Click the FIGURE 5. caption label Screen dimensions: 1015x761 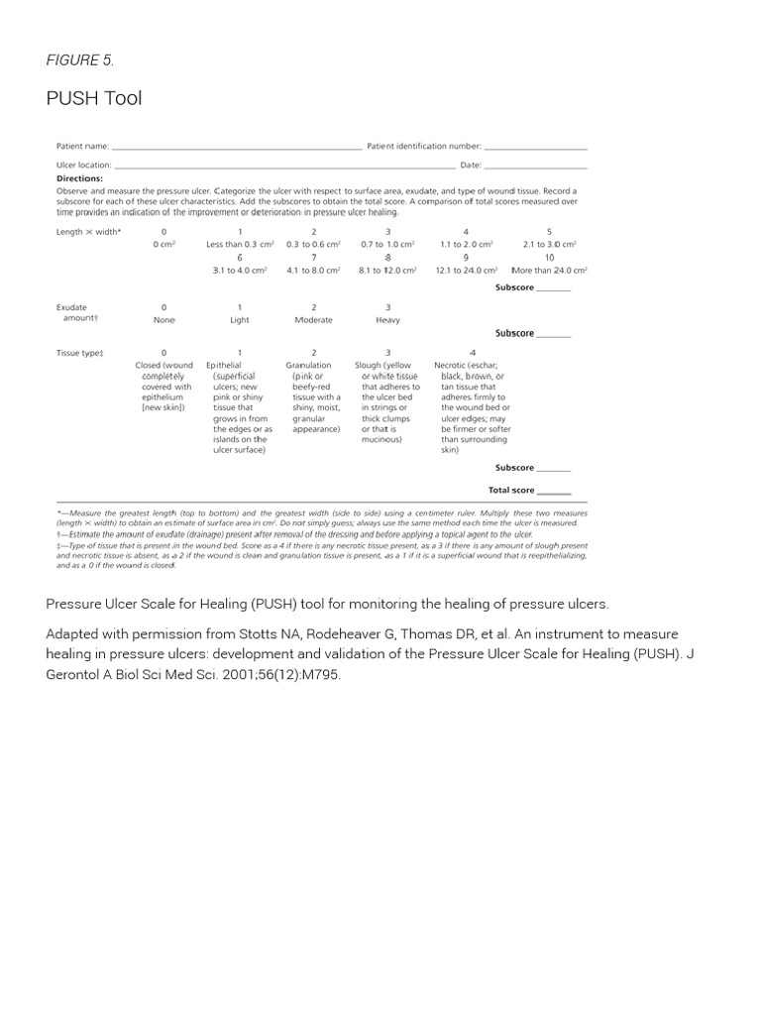point(79,60)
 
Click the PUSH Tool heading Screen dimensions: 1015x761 point(94,97)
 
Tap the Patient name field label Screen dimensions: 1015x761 point(82,147)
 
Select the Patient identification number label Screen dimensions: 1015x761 point(424,147)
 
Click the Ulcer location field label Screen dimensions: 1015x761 point(84,166)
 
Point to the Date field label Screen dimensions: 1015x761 point(471,166)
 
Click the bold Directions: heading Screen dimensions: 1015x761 point(79,178)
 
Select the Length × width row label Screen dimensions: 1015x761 point(88,232)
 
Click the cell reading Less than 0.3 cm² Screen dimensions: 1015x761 point(239,244)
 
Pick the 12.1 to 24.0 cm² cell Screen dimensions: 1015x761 point(466,270)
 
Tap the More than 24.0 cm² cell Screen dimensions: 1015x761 point(549,270)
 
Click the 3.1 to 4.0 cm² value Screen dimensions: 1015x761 point(239,270)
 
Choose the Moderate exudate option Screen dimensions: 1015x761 point(314,320)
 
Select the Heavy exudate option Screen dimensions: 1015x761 point(387,320)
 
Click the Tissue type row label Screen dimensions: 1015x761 point(80,353)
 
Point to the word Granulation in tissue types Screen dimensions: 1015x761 point(308,366)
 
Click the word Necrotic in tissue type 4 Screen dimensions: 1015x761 point(452,366)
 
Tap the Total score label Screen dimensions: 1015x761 point(511,491)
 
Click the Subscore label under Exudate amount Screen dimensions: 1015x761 point(514,334)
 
